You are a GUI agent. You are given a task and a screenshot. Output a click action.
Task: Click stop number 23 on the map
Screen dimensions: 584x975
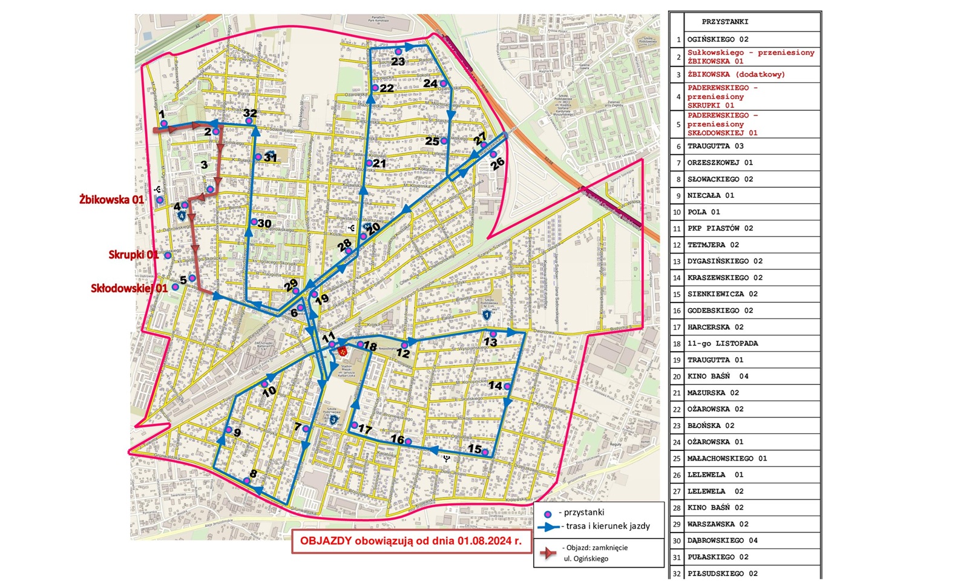pos(398,53)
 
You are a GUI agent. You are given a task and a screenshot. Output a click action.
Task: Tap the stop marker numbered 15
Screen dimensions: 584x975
pos(485,452)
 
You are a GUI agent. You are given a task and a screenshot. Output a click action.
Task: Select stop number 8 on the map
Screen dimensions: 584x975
pos(246,481)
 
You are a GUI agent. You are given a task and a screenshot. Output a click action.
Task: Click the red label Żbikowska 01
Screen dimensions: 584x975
pos(112,199)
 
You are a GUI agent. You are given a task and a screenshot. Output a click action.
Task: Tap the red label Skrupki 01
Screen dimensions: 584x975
pos(133,255)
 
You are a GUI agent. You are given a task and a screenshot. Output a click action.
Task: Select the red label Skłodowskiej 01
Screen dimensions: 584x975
pos(129,288)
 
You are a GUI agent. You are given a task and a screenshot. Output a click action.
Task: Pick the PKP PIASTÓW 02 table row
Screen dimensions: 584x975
pos(720,228)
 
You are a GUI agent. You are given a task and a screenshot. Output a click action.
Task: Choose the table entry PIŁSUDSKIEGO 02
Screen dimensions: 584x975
pos(722,573)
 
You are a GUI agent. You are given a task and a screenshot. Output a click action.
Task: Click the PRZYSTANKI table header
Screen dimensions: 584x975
pos(724,22)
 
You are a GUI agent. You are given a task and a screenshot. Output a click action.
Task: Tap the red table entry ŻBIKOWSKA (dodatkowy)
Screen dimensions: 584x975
pos(735,74)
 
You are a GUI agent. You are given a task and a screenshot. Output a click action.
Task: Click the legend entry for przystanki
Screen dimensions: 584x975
pos(581,513)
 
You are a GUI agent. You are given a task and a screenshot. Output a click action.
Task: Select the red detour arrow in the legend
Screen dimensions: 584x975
pos(548,553)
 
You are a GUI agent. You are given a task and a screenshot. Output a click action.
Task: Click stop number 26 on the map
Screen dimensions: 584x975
pos(494,155)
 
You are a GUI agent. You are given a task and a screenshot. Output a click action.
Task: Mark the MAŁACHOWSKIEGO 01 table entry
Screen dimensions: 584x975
pos(726,459)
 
